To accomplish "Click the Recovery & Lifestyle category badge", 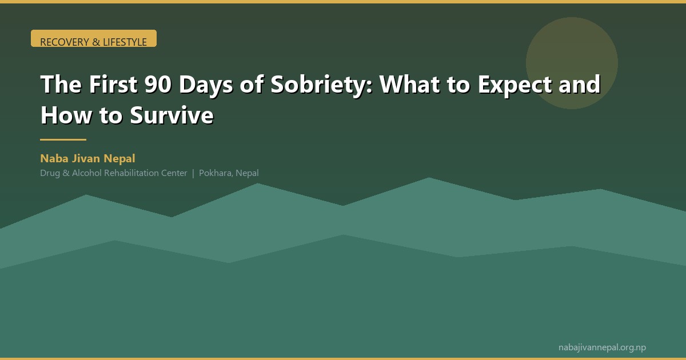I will pos(93,39).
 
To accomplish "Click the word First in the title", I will pos(113,85).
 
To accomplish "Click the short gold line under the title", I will pos(63,139).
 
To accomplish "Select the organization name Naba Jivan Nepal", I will pos(87,158).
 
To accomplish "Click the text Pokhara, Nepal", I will pos(229,173).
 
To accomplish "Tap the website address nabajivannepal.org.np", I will pos(602,347).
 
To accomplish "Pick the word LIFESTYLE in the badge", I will pos(125,42).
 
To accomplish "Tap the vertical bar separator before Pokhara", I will pos(193,173).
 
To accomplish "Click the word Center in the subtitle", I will pos(174,173).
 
